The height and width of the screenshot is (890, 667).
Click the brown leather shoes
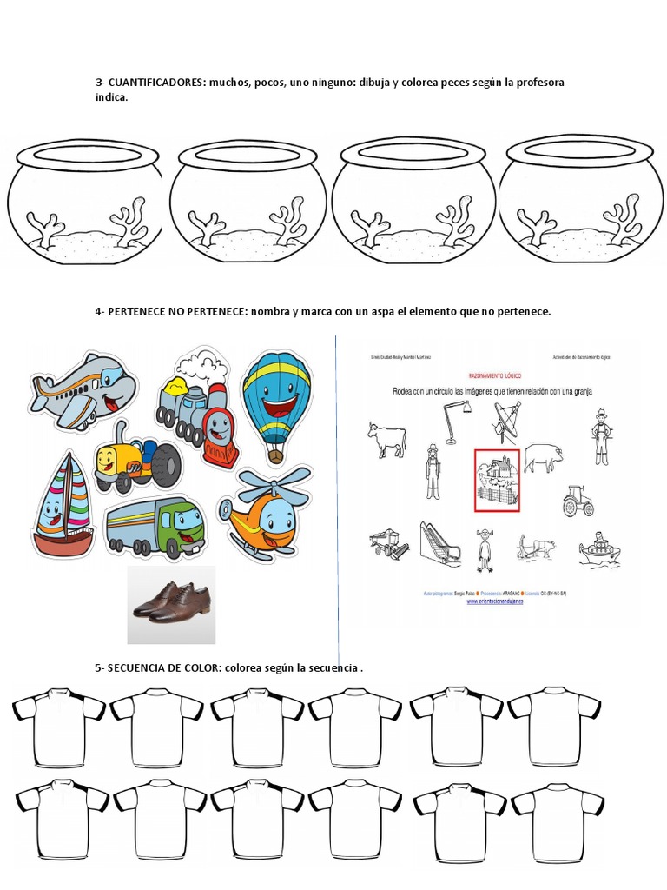point(171,602)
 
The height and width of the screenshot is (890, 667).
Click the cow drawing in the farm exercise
point(386,438)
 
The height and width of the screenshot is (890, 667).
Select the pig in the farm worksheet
point(542,455)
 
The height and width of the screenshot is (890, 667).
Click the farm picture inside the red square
point(496,479)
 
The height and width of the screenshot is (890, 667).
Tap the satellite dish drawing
point(509,421)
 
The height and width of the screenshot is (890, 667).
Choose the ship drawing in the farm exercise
point(599,549)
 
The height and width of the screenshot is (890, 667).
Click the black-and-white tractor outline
point(577,501)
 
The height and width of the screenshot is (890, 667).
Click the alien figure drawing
point(485,549)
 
